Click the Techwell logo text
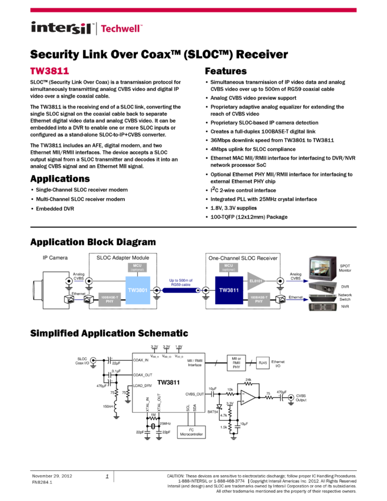pos(122,28)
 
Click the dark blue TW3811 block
pos(229,290)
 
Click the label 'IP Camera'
pos(55,258)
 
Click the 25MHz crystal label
pos(166,424)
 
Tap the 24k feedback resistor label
pos(249,380)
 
